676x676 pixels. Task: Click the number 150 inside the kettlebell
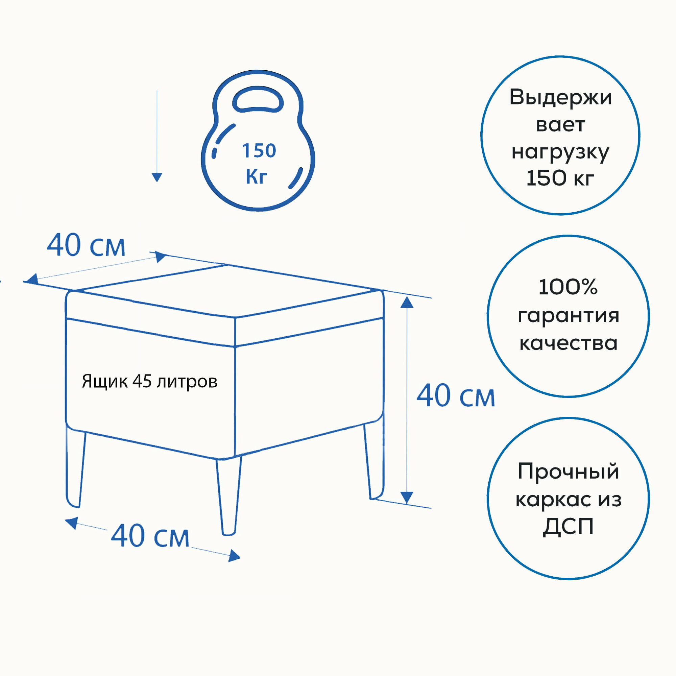(259, 151)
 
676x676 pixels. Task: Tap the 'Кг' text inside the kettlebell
(256, 176)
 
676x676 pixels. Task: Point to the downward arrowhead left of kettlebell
(157, 177)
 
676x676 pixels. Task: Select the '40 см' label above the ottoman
(86, 246)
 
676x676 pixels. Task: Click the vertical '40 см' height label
(456, 396)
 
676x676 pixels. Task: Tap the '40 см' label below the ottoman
(150, 536)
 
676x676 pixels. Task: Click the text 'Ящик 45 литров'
(149, 381)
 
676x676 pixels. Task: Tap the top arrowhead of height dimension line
(407, 302)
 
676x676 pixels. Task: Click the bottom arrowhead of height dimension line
(407, 497)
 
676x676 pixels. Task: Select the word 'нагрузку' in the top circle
(560, 152)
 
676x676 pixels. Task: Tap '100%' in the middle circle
(568, 287)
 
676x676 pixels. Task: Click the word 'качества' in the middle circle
(568, 343)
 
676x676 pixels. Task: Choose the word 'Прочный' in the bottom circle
(568, 471)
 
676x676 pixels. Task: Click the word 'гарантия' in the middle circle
(568, 316)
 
